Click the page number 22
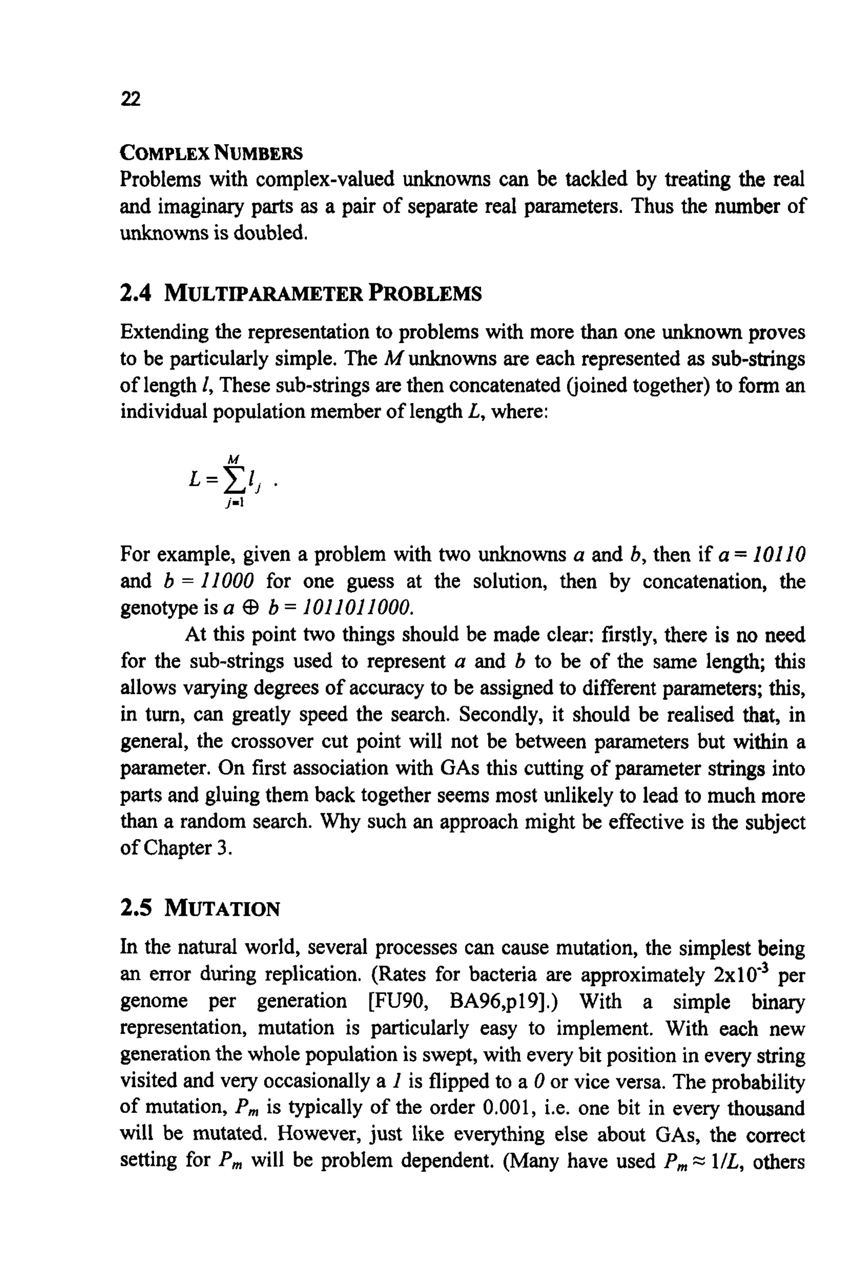[x=130, y=99]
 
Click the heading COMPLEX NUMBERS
[x=211, y=153]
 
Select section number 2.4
[x=135, y=294]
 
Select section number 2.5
[x=135, y=909]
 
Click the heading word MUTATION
[x=222, y=909]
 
